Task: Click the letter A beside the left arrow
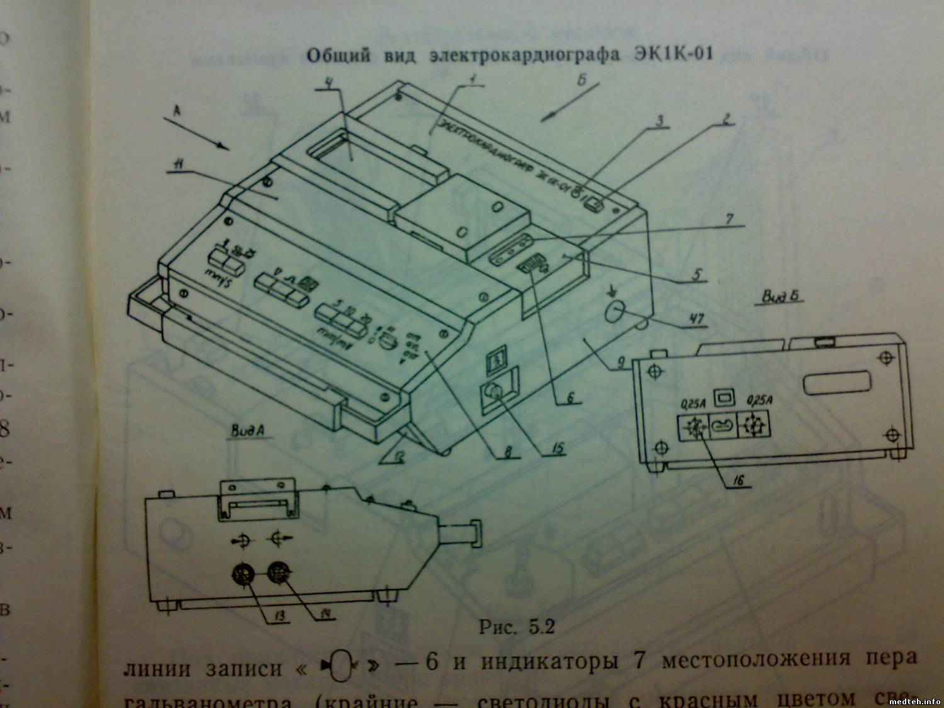tap(177, 110)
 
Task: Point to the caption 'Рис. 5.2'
tap(516, 627)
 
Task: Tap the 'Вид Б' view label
tap(782, 295)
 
